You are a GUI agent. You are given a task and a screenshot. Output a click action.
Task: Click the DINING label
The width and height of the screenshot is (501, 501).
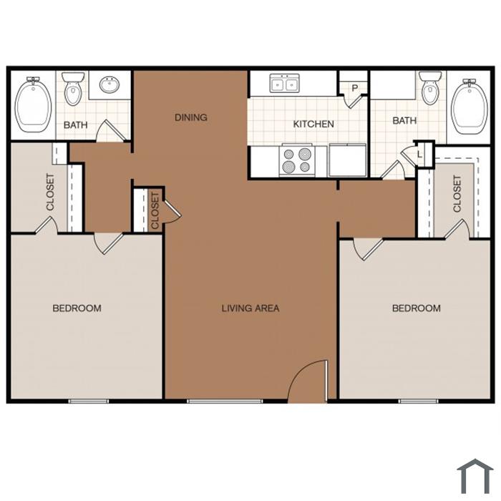tap(191, 117)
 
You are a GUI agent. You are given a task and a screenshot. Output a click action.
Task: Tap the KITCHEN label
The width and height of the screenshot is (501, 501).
tap(313, 124)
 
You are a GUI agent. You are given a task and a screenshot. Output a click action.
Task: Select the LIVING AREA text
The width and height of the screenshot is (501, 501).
tap(250, 308)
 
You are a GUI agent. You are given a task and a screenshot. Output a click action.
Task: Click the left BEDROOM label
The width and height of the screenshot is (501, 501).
tap(77, 308)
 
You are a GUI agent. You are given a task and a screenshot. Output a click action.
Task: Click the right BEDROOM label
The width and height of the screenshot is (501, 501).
tap(417, 308)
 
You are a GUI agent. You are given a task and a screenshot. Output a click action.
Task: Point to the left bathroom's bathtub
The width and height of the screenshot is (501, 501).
tap(33, 104)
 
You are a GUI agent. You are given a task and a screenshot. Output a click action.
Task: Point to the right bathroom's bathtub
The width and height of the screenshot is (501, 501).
tap(469, 107)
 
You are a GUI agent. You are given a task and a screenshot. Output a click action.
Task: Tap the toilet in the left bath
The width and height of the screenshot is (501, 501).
tap(73, 89)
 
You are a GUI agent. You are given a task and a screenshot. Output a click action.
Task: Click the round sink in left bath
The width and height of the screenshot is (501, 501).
tap(110, 84)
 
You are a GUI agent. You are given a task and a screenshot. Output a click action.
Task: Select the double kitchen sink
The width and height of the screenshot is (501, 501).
tap(284, 84)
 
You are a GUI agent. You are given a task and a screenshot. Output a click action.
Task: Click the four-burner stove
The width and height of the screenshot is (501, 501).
tap(297, 160)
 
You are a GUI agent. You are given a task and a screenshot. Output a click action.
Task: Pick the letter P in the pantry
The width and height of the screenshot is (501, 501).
tap(355, 88)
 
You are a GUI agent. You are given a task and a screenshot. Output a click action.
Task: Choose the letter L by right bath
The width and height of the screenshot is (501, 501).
tap(420, 155)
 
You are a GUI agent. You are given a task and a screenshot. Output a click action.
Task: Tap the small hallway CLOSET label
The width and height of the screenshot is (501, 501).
tap(155, 211)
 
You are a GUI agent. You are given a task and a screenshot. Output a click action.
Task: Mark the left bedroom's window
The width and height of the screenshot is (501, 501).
tap(89, 401)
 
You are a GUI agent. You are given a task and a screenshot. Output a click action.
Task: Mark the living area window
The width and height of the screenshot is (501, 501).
tap(225, 401)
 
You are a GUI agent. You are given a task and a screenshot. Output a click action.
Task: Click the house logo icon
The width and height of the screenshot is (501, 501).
tap(475, 476)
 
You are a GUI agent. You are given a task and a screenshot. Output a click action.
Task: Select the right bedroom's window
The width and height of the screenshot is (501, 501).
tap(418, 401)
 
